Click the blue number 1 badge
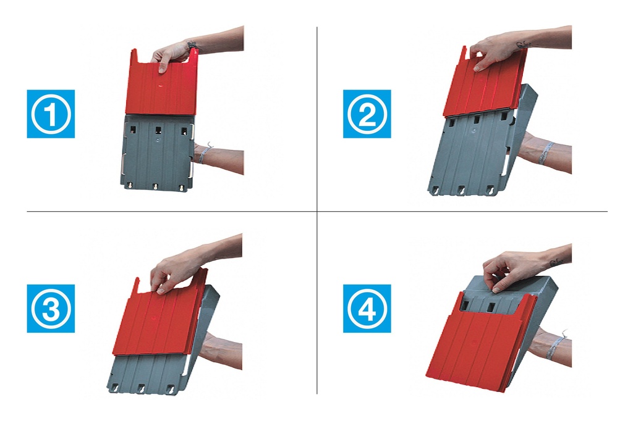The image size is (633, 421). (x=51, y=114)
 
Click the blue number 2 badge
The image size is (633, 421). (x=367, y=114)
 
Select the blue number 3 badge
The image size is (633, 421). (x=51, y=309)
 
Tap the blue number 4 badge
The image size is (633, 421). (x=367, y=309)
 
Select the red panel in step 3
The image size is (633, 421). (x=159, y=315)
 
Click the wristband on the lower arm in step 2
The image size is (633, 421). (x=546, y=152)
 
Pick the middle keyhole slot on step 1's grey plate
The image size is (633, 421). (x=155, y=186)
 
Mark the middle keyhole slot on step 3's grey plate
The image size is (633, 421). (x=142, y=388)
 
